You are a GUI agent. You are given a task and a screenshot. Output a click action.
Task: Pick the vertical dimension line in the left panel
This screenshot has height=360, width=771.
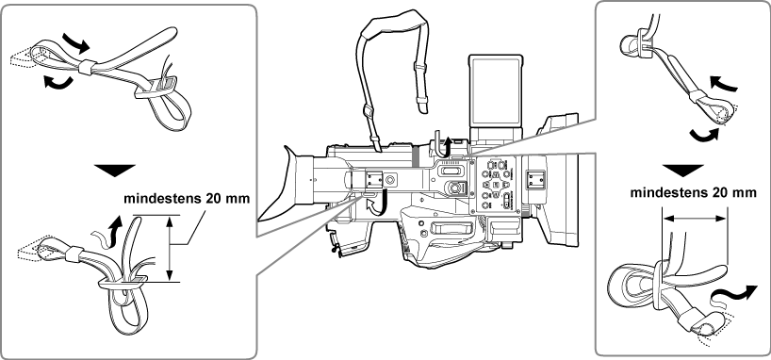(x=171, y=248)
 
